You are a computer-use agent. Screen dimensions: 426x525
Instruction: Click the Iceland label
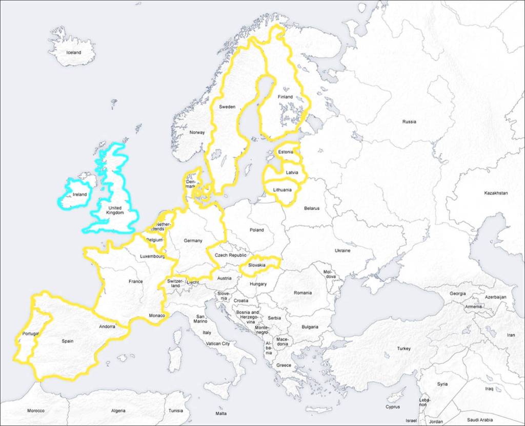(x=73, y=52)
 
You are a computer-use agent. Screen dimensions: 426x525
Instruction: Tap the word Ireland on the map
(x=79, y=195)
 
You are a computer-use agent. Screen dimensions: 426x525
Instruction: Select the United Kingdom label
(x=115, y=210)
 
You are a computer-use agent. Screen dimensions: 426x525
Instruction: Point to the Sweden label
(x=227, y=106)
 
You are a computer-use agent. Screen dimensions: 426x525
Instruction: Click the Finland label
(x=285, y=97)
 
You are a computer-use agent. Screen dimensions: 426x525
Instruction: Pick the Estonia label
(x=286, y=152)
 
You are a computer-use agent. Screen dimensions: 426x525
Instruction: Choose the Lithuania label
(x=282, y=190)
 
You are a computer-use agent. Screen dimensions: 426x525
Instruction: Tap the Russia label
(x=409, y=122)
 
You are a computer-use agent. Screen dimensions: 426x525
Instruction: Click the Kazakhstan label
(x=496, y=193)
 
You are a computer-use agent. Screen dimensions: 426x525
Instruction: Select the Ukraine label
(x=342, y=250)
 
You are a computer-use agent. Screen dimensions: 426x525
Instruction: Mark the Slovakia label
(x=256, y=265)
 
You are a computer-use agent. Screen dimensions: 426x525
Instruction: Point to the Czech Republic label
(x=230, y=255)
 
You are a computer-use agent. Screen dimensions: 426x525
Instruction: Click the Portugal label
(x=31, y=334)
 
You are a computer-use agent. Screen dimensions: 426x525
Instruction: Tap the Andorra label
(x=107, y=326)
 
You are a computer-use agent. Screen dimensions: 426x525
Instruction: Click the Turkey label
(x=403, y=349)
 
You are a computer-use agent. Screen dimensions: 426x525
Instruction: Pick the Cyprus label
(x=393, y=407)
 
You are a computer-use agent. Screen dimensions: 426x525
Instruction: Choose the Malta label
(x=221, y=413)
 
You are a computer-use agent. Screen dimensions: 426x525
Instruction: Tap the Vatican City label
(x=218, y=344)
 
